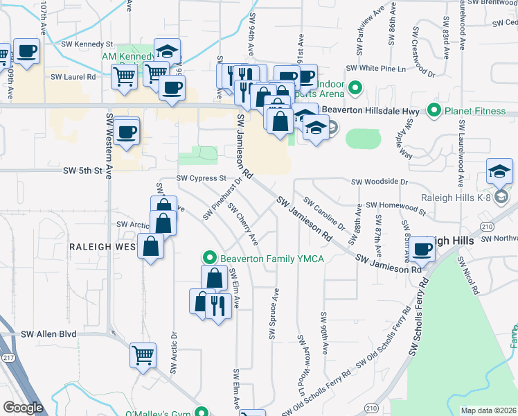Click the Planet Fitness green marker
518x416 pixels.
(x=434, y=110)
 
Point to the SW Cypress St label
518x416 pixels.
(x=202, y=178)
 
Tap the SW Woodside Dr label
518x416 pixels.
(x=380, y=182)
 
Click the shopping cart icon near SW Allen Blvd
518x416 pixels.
(x=143, y=355)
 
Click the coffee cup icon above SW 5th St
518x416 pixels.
(x=126, y=131)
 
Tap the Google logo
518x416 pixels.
(x=24, y=408)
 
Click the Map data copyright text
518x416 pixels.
(x=488, y=410)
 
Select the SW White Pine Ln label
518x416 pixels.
(x=382, y=69)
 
